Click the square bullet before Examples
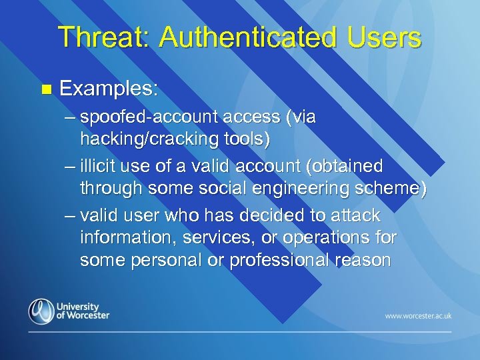[45, 88]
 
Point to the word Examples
[109, 88]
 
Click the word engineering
[301, 189]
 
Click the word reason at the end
[364, 260]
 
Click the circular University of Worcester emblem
[41, 311]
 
